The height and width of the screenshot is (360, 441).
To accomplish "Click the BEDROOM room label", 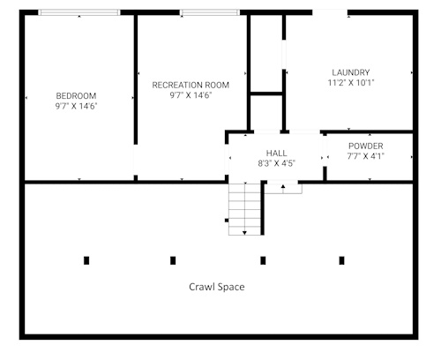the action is point(76,96).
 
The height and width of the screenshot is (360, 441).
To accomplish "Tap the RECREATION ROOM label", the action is point(191,85).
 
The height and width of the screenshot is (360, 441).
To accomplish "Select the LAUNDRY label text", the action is point(351,72).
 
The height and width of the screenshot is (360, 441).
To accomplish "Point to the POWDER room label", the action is point(366,146).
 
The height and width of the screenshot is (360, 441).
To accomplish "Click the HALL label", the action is point(276,153).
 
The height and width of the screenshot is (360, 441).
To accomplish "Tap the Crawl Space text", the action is point(217,287).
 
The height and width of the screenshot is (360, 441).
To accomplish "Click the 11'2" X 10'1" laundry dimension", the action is point(351,83).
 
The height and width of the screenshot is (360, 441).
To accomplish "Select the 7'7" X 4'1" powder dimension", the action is point(366,156).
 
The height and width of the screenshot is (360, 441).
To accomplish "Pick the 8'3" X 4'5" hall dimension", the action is point(276,163).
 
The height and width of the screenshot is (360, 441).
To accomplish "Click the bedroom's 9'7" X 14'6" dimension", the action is point(76,106).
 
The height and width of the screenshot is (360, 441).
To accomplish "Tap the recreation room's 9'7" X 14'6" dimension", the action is point(191,95).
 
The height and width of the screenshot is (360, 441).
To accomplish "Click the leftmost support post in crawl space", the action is point(86,260).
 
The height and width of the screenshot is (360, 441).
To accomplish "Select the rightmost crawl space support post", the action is point(341,260).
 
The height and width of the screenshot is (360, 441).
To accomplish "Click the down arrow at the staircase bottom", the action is point(244,233).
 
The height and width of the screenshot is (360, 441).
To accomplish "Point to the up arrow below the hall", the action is point(283,186).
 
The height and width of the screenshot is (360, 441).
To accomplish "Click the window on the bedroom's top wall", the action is point(79,12).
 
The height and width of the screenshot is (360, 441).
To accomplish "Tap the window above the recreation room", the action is point(210,12).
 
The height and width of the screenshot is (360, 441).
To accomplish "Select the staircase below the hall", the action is point(244,209).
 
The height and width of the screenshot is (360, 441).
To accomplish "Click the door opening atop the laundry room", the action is point(330,12).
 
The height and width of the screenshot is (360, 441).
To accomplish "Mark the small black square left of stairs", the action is point(227,221).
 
